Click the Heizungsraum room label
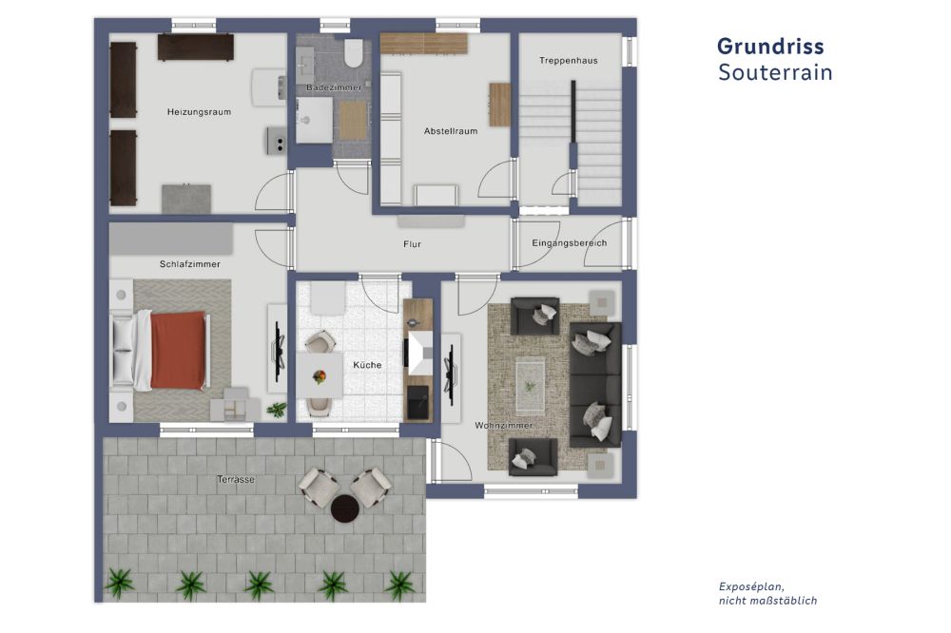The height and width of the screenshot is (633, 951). (199, 112)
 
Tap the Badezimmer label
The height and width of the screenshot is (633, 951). (334, 87)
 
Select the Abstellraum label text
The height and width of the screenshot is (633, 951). (451, 131)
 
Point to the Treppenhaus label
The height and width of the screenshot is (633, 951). (569, 61)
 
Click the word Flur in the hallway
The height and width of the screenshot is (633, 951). (412, 244)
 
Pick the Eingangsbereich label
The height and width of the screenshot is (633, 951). (569, 243)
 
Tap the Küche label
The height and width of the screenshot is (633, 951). (367, 365)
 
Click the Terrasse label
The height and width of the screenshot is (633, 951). (236, 480)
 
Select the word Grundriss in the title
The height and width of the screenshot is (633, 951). (770, 47)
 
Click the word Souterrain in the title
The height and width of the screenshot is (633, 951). (775, 72)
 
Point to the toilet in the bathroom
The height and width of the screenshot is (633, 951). (353, 53)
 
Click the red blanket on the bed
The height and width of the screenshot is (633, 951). (178, 351)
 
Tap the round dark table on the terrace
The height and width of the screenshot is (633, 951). (346, 508)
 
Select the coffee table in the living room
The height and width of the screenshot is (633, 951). (530, 385)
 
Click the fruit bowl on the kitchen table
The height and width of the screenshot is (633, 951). (319, 377)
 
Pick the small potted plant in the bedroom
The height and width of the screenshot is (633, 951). (277, 410)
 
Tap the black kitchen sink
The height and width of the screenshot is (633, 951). (417, 402)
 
